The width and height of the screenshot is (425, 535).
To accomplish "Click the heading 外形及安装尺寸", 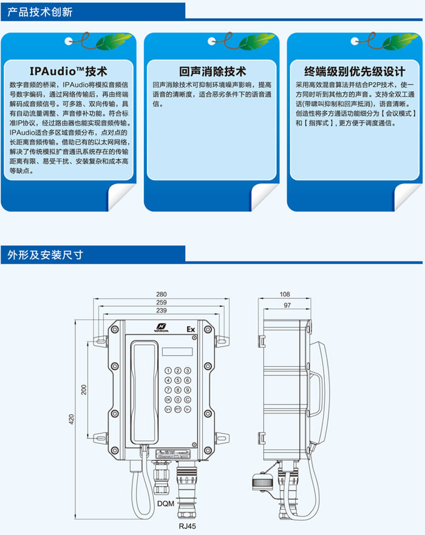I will (x=42, y=255).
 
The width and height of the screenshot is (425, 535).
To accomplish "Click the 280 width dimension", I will (x=161, y=295).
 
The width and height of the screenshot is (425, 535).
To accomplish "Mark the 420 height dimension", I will (x=72, y=419).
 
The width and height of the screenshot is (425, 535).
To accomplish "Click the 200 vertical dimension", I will (x=84, y=389).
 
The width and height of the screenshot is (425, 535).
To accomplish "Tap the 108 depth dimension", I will (x=285, y=295).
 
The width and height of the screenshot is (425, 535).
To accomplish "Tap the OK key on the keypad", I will (x=168, y=400).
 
